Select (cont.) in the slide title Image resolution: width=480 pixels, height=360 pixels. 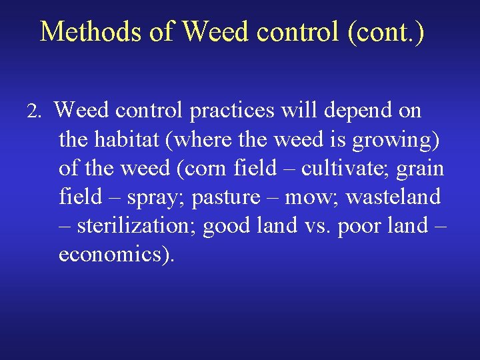(x=385, y=31)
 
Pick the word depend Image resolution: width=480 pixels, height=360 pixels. (x=357, y=111)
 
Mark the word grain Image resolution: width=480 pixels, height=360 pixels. (x=420, y=169)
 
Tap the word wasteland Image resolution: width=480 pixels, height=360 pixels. (x=393, y=197)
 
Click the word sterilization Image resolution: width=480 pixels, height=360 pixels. (x=136, y=226)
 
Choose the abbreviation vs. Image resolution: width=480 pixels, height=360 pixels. (x=316, y=227)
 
